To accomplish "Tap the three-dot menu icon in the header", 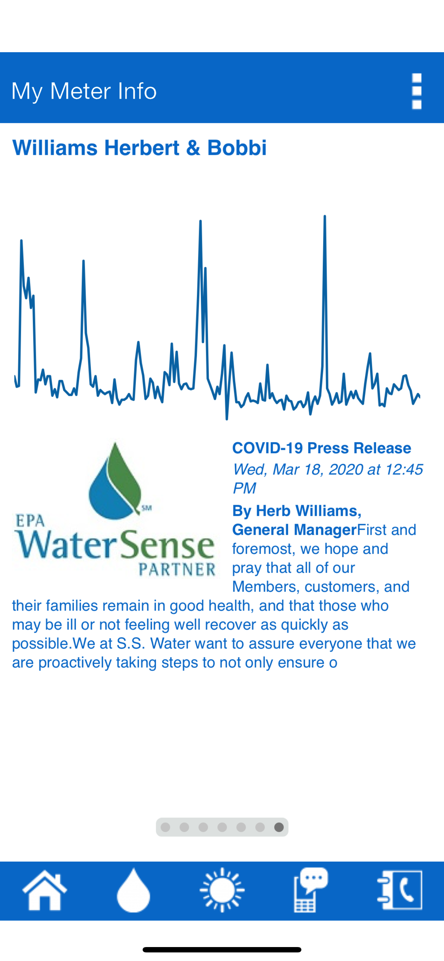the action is (416, 91).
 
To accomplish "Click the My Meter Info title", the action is (84, 91).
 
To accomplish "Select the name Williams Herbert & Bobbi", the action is (139, 147).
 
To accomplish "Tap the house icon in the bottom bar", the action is (45, 890).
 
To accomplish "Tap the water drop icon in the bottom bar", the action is (133, 890).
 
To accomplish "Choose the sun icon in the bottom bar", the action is (222, 890).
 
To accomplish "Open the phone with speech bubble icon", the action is (311, 890).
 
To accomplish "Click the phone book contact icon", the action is (400, 890).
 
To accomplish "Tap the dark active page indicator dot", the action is (279, 827).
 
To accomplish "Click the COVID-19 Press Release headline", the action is (322, 448).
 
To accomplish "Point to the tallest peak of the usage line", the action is (325, 216).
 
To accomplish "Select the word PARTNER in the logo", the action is (177, 569).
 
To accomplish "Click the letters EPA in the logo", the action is (30, 521).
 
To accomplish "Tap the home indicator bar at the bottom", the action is (222, 950).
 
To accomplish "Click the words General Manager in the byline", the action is (294, 530).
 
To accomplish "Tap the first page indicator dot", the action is (165, 827).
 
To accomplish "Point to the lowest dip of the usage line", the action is (227, 419).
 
